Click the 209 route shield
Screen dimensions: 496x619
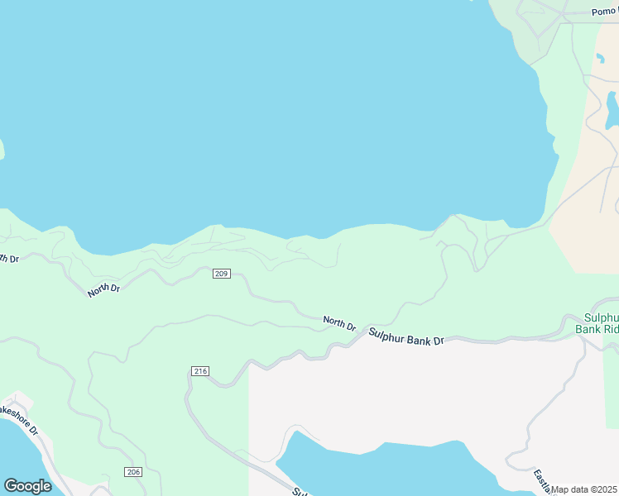point(221,274)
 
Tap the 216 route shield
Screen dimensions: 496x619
point(199,371)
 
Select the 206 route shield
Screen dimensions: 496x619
point(133,471)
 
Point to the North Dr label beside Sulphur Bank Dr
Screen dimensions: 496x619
point(339,322)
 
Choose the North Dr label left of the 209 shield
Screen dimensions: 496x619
point(104,289)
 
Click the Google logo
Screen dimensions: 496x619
point(27,486)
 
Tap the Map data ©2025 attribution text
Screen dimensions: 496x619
point(584,489)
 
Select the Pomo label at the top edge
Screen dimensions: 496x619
point(605,12)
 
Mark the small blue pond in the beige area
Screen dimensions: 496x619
point(612,111)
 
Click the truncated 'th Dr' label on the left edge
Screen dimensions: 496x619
point(8,259)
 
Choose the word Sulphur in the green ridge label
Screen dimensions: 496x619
point(602,317)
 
